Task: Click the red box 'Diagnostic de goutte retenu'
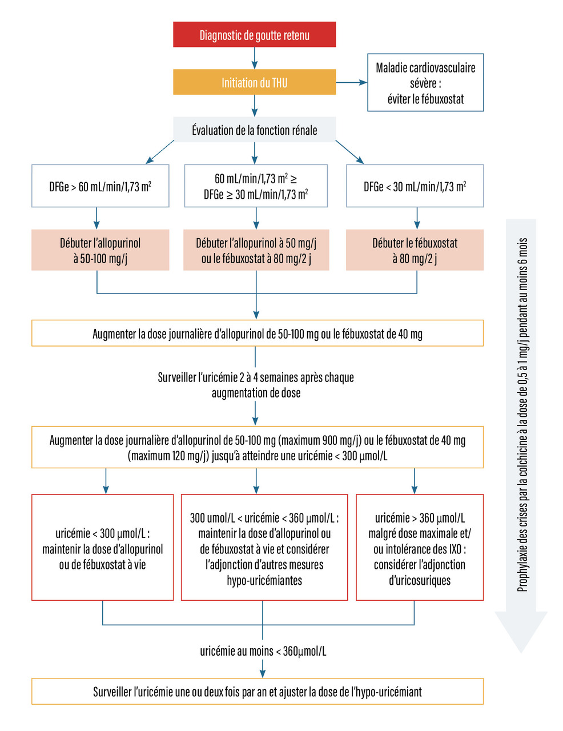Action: [254, 35]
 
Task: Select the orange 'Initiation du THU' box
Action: [254, 82]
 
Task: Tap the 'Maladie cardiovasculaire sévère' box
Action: [425, 82]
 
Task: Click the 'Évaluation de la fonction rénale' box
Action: [254, 130]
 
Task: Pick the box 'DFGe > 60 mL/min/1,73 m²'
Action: [100, 186]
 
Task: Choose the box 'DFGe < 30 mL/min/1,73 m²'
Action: [415, 186]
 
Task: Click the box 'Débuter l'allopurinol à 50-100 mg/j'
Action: [100, 250]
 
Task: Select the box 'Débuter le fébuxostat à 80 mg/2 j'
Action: [415, 250]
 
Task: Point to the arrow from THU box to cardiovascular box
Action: [351, 82]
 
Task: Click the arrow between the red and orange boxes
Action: [255, 58]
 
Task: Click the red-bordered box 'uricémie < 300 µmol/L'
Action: [102, 547]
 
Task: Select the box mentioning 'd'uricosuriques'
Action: [420, 547]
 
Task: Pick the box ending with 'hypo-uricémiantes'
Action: [264, 547]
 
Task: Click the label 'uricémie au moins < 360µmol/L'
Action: [263, 651]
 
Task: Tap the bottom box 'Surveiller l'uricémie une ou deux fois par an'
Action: [257, 692]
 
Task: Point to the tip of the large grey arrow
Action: [521, 651]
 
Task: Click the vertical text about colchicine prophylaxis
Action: [522, 414]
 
